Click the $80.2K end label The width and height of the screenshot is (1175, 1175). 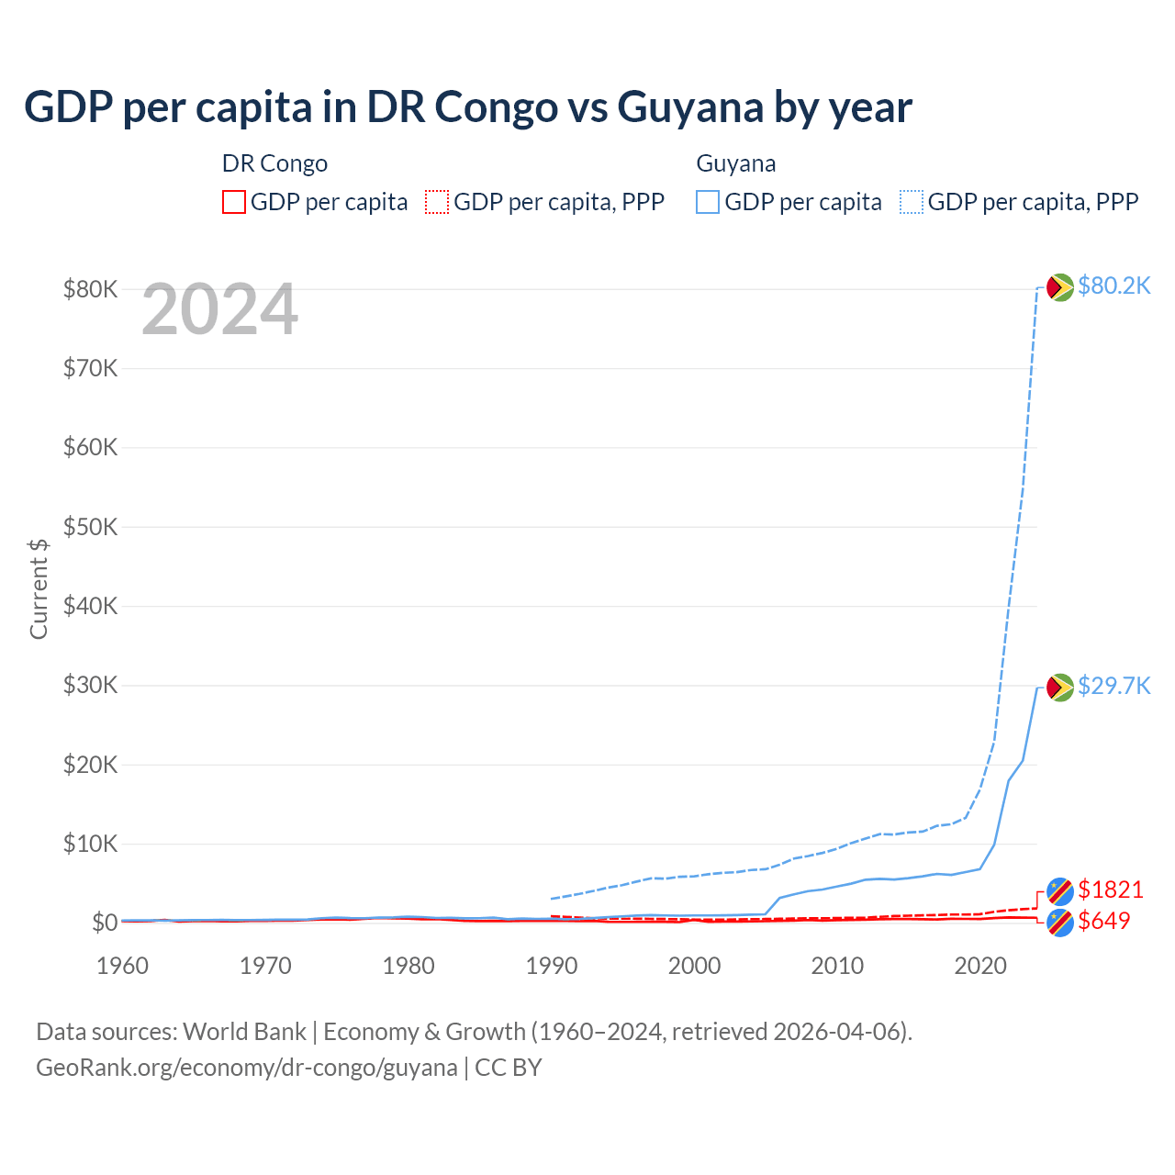(1113, 285)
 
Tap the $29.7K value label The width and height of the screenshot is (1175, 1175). (1113, 686)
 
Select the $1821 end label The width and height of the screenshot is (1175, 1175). (1110, 890)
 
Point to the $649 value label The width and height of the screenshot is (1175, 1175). (1103, 921)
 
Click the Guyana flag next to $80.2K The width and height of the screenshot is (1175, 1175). (1060, 287)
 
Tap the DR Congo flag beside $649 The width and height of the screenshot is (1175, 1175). (1060, 923)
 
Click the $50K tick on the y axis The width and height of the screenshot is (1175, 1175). (90, 527)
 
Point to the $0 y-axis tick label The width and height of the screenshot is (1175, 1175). (104, 923)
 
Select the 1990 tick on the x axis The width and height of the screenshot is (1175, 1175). (551, 966)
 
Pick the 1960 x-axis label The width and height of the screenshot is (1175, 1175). (122, 966)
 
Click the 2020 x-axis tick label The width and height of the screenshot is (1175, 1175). (980, 966)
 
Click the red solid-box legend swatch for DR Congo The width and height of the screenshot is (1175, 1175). (234, 202)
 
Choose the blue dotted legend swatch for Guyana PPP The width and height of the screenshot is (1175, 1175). (912, 202)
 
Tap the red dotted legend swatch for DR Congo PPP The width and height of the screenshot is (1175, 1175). (437, 202)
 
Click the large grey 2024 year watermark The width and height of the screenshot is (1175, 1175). (219, 309)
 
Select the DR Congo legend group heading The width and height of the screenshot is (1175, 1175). (274, 163)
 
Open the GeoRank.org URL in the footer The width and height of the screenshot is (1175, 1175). (246, 1068)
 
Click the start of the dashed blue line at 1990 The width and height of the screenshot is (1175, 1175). (552, 899)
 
